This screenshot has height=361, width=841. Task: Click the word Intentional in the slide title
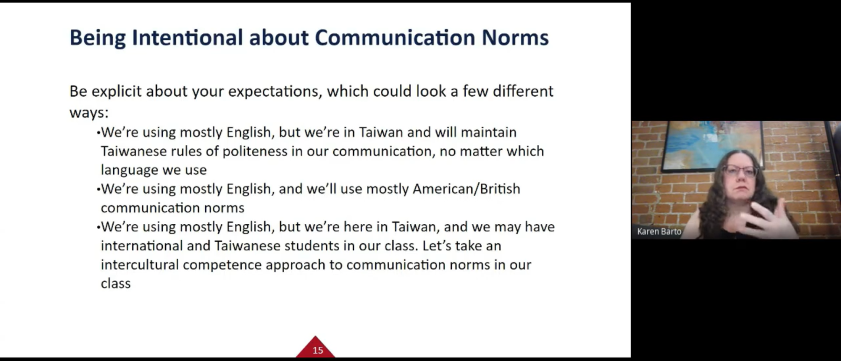pos(187,37)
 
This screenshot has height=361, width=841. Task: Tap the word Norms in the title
pos(515,37)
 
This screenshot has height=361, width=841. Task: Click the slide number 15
pos(317,350)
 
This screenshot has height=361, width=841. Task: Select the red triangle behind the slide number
pos(315,347)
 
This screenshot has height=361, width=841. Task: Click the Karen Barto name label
pos(659,232)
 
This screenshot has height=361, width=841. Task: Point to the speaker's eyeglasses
pos(739,171)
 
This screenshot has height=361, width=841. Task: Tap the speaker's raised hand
pos(762,220)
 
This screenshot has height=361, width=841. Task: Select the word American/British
pos(466,189)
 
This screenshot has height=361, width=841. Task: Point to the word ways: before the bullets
pos(89,113)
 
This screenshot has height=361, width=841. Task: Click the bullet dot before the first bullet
pos(98,132)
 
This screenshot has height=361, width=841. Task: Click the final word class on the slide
pos(116,283)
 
